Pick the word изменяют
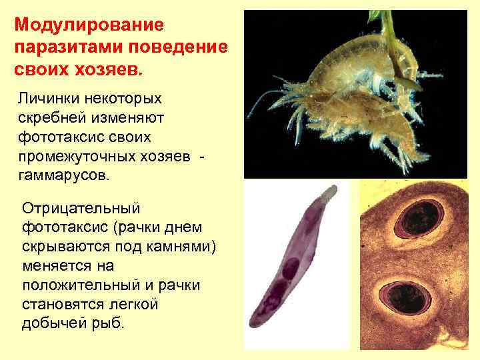click(x=129, y=118)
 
